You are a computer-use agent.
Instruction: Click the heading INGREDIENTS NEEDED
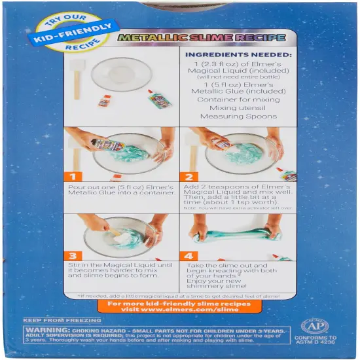click(239, 55)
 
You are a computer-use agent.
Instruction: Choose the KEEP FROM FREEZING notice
click(62, 321)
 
